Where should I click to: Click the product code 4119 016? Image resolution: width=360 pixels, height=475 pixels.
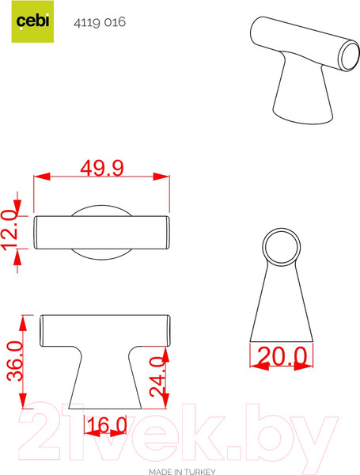click(99, 23)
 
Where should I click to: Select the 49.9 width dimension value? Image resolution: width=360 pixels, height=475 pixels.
click(102, 167)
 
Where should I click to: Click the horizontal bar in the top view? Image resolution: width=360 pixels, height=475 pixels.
click(101, 231)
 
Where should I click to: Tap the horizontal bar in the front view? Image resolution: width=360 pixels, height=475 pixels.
click(105, 329)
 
